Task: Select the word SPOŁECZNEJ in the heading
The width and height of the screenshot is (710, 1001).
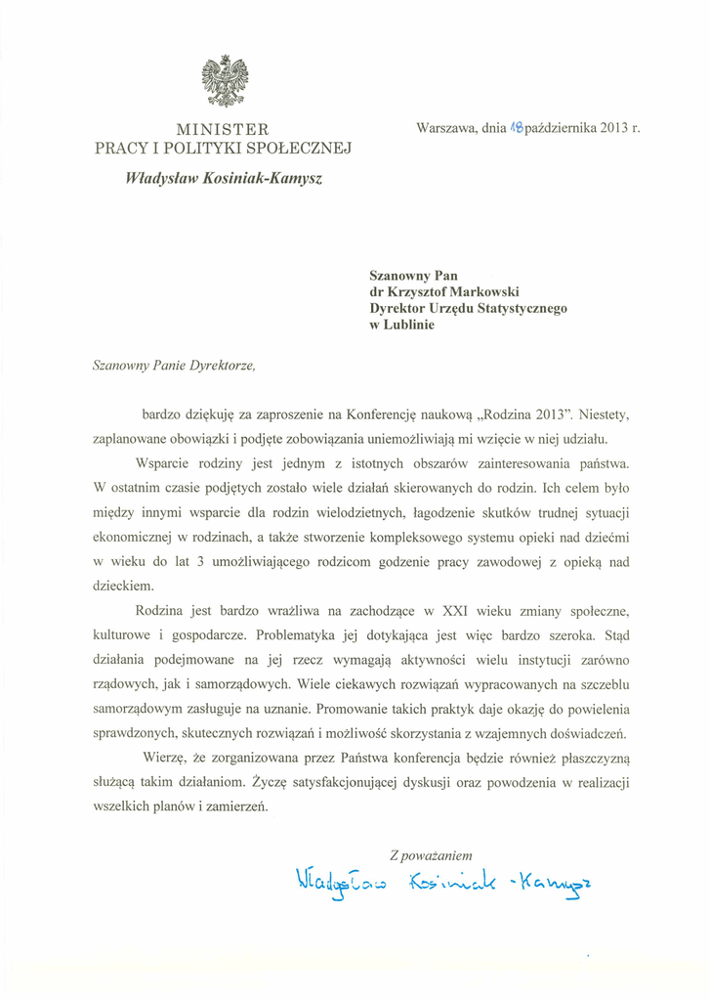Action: pyautogui.click(x=299, y=149)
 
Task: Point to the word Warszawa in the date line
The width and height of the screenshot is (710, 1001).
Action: pyautogui.click(x=446, y=128)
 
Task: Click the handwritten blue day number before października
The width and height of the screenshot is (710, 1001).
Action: pyautogui.click(x=517, y=127)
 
